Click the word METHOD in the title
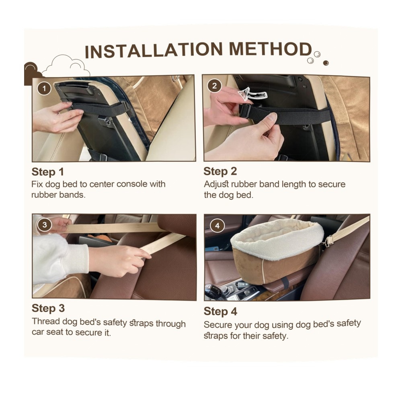[x=270, y=49]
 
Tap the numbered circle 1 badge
[x=44, y=88]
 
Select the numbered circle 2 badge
[x=214, y=86]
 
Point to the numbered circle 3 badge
[x=44, y=225]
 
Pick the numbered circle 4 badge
[x=217, y=226]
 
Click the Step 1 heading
[x=48, y=172]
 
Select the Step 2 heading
[x=220, y=171]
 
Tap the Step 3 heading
[x=48, y=308]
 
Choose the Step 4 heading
[x=220, y=311]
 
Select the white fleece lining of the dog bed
[x=277, y=240]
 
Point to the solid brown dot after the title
[x=326, y=63]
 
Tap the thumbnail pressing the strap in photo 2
[x=272, y=117]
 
